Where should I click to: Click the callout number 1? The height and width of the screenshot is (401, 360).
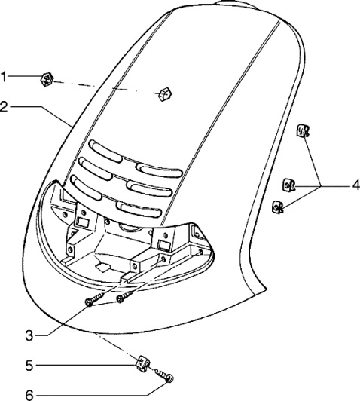[x=4, y=76]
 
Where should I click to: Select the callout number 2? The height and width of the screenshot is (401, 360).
[x=4, y=106]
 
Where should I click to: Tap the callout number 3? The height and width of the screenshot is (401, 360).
[x=29, y=335]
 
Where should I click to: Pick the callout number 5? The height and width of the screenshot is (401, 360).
[x=29, y=366]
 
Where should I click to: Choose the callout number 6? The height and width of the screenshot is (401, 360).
[x=29, y=396]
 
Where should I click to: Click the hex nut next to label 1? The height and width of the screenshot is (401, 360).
[x=47, y=79]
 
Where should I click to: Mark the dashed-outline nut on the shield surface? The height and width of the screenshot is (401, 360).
[x=163, y=94]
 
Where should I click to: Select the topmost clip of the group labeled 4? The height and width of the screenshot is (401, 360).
[x=303, y=130]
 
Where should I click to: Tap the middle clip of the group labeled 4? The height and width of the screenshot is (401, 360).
[x=289, y=185]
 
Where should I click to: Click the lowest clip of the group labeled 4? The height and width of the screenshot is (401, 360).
[x=278, y=207]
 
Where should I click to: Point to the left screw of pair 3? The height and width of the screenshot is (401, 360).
[x=95, y=299]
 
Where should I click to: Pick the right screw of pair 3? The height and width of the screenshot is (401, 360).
[x=124, y=295]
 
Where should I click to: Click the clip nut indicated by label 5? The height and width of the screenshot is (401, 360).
[x=142, y=363]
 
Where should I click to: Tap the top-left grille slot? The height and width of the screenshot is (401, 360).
[x=105, y=152]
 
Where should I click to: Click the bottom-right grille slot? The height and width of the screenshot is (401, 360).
[x=139, y=210]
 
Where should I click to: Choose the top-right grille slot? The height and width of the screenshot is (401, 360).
[x=159, y=170]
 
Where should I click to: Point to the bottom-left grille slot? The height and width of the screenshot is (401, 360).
[x=86, y=187]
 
